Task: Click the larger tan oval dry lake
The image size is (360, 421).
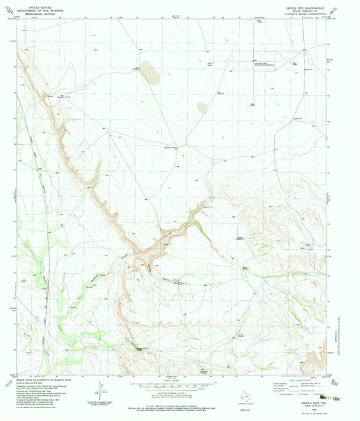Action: tap(150, 73)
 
